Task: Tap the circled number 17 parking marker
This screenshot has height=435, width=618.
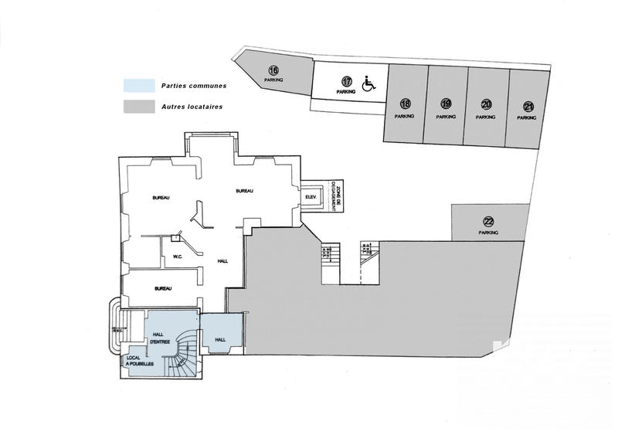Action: pos(347,81)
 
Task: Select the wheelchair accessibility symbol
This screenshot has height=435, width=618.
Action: pos(368,82)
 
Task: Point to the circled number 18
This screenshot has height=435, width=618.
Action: pos(405,104)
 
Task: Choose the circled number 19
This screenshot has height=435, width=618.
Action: pos(446,104)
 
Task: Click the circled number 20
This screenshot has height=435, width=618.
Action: pos(486,104)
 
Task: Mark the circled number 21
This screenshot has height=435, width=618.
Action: pos(528,106)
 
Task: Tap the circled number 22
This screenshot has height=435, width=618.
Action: pos(488,219)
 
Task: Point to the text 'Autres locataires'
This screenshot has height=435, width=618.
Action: pos(192,107)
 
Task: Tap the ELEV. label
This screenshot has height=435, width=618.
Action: pos(313,198)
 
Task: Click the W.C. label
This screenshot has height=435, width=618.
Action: pos(177,257)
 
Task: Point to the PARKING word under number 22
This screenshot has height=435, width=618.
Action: pos(488,232)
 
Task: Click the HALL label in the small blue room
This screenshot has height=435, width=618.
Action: pos(219,338)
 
